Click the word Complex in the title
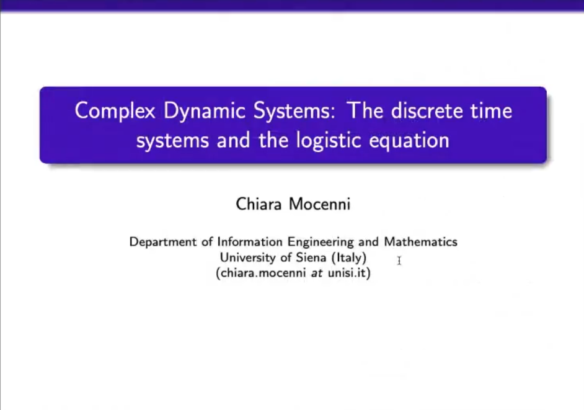115,111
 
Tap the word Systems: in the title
294,111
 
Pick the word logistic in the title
329,141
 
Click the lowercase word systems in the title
172,141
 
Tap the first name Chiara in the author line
259,204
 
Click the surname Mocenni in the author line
319,204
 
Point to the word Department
163,242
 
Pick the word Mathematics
420,241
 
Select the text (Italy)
349,257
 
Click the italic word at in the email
317,273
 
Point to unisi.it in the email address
347,273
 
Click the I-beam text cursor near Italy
399,261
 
